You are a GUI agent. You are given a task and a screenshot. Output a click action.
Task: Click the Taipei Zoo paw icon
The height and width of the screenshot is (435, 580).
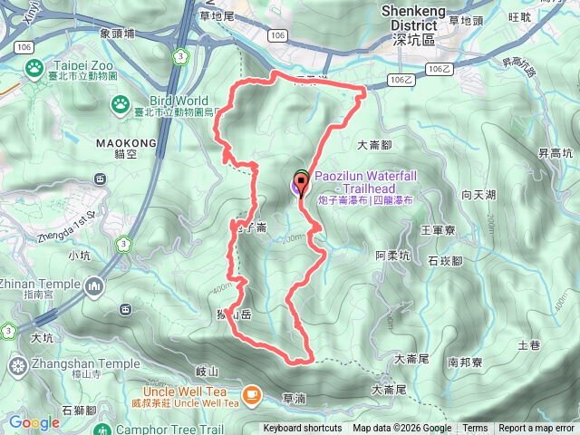[34, 67]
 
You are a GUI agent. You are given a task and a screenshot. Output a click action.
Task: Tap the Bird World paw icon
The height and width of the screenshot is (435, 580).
[119, 106]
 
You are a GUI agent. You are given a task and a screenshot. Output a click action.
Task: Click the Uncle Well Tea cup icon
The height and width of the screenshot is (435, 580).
[252, 394]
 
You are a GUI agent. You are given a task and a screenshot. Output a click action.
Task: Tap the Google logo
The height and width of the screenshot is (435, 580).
[34, 422]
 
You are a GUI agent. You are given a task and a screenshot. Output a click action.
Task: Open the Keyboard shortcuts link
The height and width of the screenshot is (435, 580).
[303, 429]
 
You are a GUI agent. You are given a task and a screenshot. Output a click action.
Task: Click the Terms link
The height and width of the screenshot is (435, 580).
[475, 429]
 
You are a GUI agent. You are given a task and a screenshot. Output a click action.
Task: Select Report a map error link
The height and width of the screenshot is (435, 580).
[536, 429]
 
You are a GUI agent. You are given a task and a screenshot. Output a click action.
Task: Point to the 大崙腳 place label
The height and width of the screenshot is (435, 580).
[373, 144]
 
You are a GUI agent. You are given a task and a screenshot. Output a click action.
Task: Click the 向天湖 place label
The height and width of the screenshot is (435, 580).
[478, 194]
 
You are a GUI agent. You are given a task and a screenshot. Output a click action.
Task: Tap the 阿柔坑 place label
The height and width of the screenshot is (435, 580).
[393, 256]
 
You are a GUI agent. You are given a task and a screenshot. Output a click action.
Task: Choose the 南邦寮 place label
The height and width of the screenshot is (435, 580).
[464, 362]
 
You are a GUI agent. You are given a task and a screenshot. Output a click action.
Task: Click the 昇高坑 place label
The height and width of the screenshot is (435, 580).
[555, 154]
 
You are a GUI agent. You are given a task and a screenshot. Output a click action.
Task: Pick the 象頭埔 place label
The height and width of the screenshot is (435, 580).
[117, 34]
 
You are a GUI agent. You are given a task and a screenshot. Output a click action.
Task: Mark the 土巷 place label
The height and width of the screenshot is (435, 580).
[528, 345]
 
